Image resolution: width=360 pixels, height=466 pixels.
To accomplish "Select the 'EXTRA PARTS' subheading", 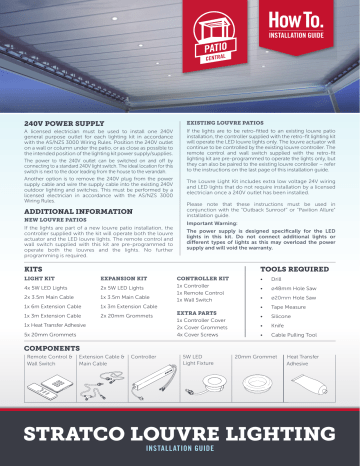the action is (x=194, y=313).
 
